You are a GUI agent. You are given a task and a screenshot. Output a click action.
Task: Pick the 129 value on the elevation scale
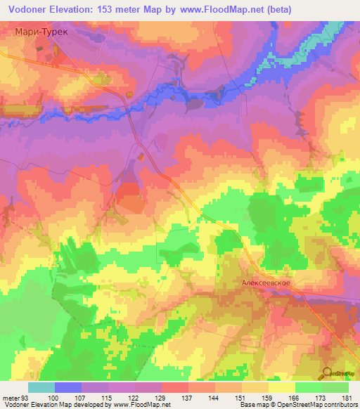162,398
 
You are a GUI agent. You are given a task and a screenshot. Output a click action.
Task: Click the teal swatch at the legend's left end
41,387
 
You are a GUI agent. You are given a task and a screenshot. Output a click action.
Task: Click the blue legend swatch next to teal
68,387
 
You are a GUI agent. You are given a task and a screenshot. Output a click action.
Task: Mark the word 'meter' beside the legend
11,398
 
